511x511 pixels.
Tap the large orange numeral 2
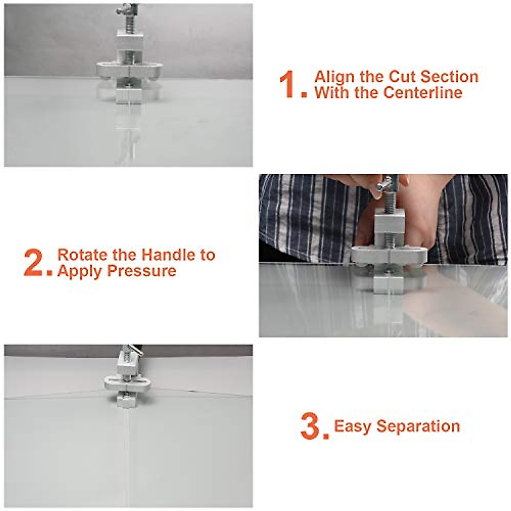coord(33,263)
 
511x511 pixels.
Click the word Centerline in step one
coord(423,92)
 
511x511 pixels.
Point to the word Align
coord(335,77)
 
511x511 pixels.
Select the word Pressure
coord(142,271)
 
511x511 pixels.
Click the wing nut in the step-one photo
coord(127,10)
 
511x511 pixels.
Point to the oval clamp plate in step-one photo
coord(129,70)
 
